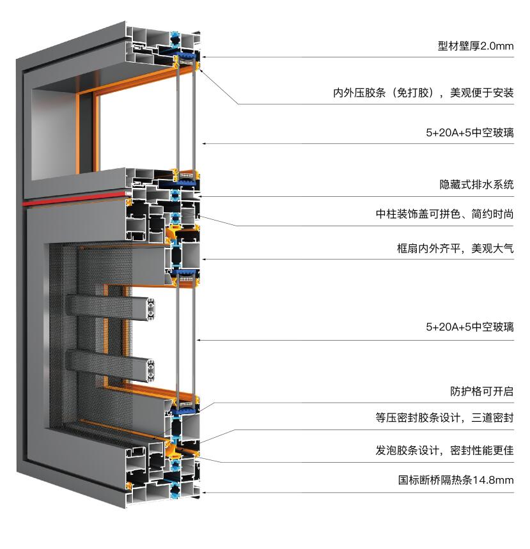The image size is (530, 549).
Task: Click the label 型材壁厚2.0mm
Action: tap(476, 46)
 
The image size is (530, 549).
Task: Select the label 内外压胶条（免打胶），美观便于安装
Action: tap(423, 93)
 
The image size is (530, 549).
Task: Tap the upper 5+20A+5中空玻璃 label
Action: tap(470, 133)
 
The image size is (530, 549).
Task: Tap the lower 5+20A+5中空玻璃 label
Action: tap(470, 327)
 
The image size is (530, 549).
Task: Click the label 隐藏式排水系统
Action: tap(476, 185)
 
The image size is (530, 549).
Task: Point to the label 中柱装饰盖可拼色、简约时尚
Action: tap(444, 214)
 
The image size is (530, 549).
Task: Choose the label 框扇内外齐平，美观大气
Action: tap(455, 249)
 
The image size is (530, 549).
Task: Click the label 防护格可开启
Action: tap(481, 391)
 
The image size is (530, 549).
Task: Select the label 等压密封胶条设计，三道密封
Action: tap(444, 418)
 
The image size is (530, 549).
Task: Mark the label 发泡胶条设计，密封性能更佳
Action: tap(444, 451)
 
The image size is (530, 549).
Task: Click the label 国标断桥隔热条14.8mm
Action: tap(456, 480)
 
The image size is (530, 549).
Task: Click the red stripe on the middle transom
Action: tap(74, 199)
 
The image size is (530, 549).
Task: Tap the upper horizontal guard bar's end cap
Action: tap(151, 309)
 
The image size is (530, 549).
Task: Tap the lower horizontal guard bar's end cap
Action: tap(151, 371)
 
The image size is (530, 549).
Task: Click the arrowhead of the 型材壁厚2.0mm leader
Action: tap(204, 57)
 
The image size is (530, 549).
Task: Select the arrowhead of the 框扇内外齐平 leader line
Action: tap(204, 259)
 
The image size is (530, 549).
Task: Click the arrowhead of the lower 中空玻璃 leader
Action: tap(198, 340)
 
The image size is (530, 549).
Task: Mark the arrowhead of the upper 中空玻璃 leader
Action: tap(204, 144)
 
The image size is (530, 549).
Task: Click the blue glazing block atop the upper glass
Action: tap(185, 56)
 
